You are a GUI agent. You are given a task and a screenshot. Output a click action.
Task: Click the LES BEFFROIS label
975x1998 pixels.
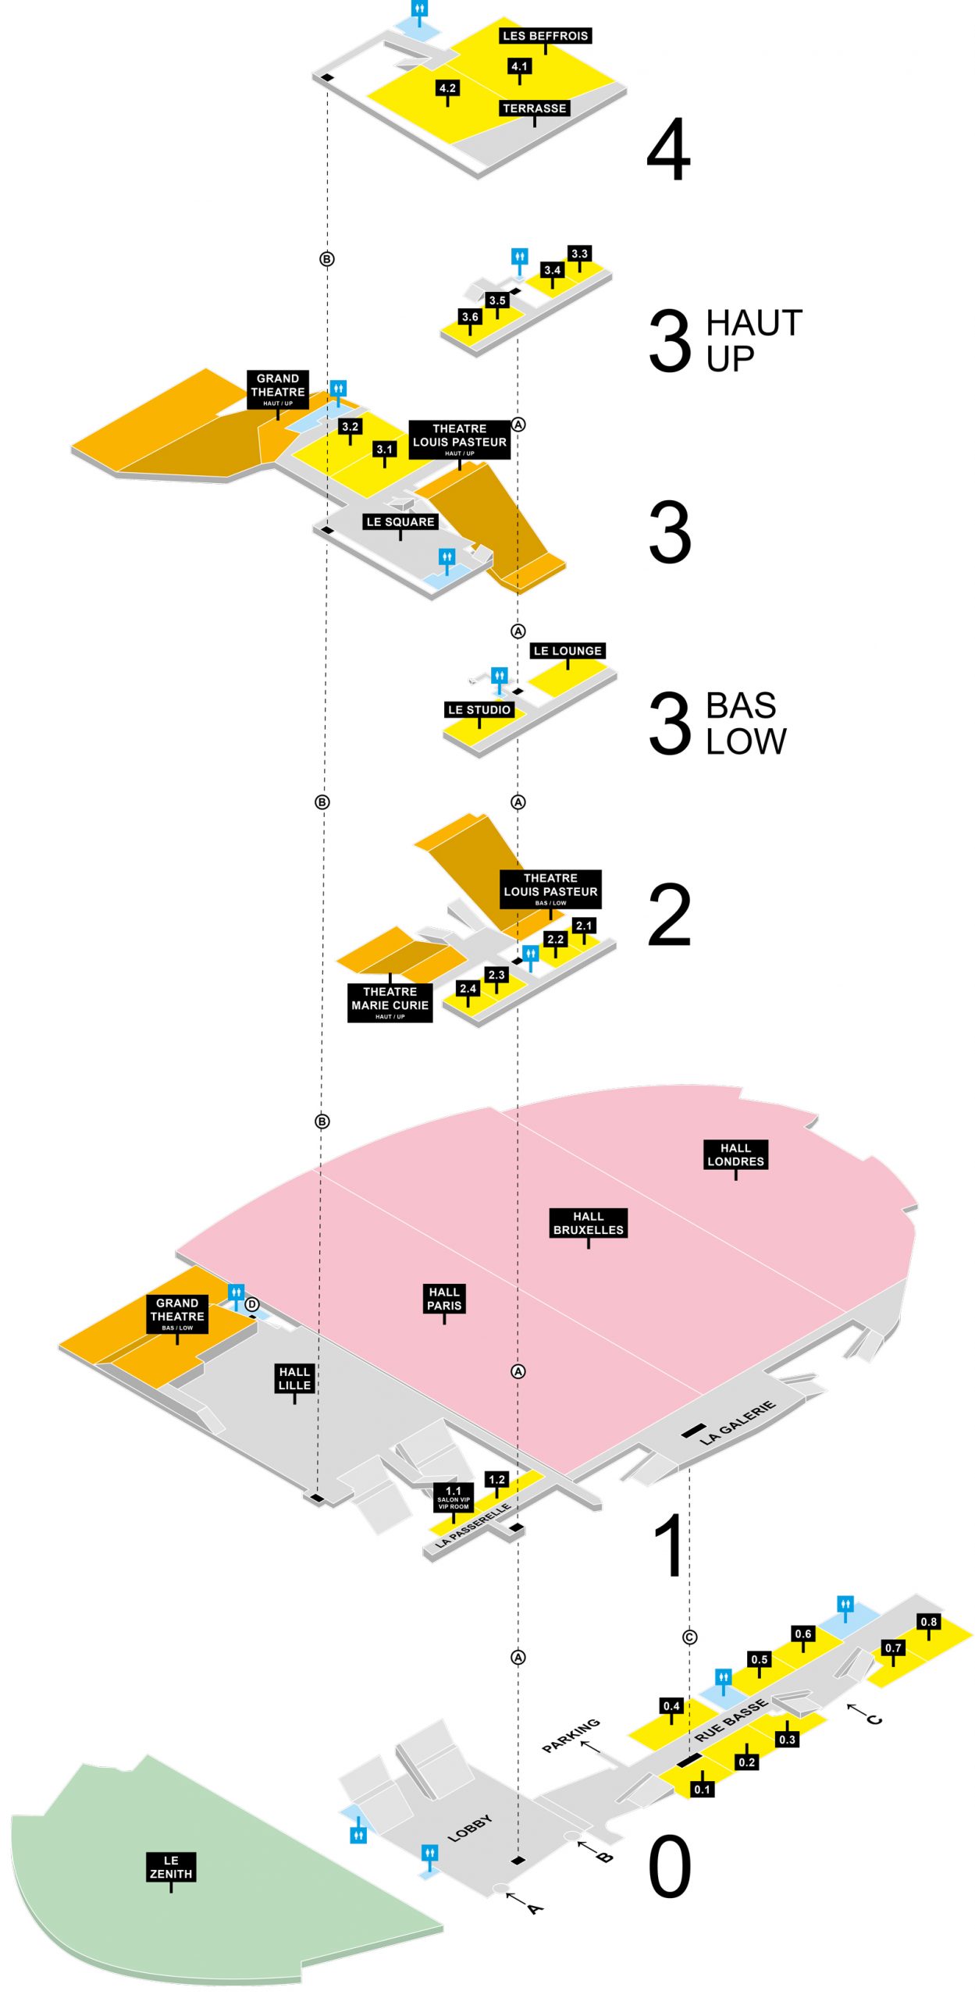(x=545, y=36)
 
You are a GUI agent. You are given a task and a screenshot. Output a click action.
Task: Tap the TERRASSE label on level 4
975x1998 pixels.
(x=534, y=108)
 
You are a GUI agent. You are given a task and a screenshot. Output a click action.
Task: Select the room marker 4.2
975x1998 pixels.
(x=447, y=88)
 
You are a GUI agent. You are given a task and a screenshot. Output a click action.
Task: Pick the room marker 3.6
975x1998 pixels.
(x=470, y=317)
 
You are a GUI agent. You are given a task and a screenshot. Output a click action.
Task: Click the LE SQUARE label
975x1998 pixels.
(x=400, y=521)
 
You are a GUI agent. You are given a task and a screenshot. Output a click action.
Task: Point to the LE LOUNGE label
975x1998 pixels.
(x=568, y=651)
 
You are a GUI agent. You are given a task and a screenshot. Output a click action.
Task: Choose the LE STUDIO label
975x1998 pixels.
(x=479, y=709)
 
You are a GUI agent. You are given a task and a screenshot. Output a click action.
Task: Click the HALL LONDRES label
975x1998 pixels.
(x=735, y=1154)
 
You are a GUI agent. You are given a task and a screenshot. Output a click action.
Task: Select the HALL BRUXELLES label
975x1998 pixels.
(x=588, y=1223)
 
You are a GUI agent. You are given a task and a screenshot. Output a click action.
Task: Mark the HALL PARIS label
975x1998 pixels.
(x=444, y=1299)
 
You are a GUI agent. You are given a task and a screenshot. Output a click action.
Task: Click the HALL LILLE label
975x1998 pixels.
(x=294, y=1378)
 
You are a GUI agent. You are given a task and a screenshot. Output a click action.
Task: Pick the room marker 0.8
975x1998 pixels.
(x=928, y=1622)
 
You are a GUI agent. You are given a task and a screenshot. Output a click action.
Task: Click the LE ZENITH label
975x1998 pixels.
(x=171, y=1867)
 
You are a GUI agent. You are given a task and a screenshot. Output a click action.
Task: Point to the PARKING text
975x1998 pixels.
(x=571, y=1734)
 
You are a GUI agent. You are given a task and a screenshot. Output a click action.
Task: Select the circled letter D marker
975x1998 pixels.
(x=251, y=1304)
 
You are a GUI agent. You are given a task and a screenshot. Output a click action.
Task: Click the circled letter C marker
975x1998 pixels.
(x=689, y=1637)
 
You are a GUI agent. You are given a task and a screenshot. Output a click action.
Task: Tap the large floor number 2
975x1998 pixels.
(x=669, y=915)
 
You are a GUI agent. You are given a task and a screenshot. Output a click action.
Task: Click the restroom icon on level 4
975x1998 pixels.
(x=420, y=9)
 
